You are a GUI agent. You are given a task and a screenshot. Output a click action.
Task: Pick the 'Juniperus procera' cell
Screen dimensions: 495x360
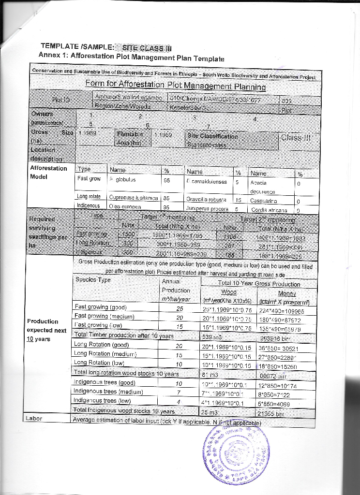(x=206, y=209)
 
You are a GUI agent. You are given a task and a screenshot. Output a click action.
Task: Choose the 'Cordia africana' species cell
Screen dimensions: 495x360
(x=270, y=210)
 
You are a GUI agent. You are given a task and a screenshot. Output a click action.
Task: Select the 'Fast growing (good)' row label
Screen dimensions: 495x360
(x=100, y=307)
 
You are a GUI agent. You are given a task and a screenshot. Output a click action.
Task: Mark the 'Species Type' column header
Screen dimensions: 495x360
(x=93, y=279)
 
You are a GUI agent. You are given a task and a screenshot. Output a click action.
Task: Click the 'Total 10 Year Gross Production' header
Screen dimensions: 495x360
(x=259, y=284)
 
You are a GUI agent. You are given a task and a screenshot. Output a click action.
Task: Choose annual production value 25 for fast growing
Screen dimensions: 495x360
(x=180, y=308)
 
